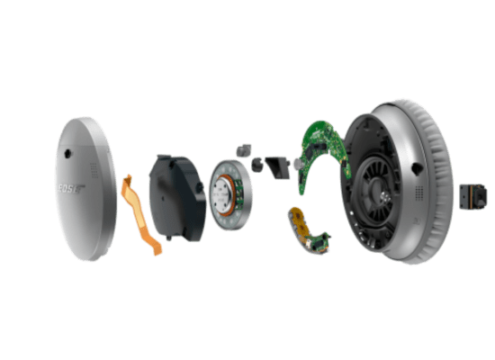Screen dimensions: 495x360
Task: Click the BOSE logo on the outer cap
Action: [x=71, y=189]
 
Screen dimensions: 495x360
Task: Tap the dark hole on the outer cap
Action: [x=67, y=154]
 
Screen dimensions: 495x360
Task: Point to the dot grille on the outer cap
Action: [x=94, y=170]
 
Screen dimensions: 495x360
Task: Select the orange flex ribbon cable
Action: [x=140, y=215]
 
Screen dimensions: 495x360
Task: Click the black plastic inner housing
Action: [x=176, y=197]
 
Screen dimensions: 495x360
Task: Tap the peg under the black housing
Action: [x=169, y=238]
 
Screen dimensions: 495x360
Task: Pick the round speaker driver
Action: [x=230, y=194]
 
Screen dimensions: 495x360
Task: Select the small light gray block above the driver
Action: [x=244, y=150]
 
